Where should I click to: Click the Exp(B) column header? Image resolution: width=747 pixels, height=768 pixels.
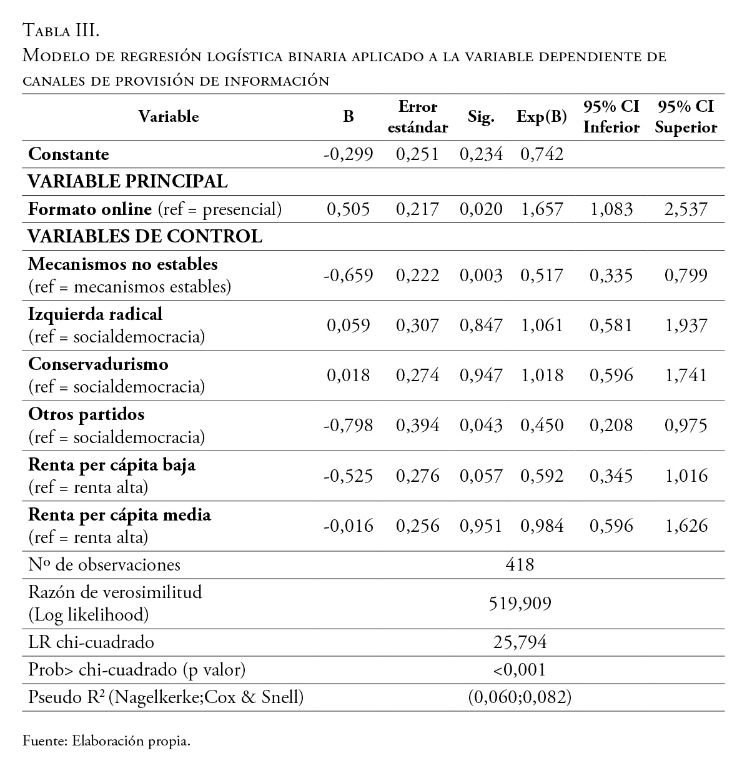tap(542, 117)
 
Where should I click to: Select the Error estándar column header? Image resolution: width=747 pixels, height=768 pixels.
tap(418, 117)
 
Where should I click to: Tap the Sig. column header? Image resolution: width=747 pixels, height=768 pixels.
tap(481, 117)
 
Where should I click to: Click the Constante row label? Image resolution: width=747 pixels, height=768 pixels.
tap(69, 154)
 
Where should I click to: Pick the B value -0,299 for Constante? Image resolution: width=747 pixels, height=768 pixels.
tap(348, 154)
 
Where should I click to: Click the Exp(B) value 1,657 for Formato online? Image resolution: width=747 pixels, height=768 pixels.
tap(542, 209)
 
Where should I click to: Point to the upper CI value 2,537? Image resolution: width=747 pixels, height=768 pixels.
tap(686, 209)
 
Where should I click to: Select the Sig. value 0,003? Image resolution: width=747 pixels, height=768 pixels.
tap(481, 276)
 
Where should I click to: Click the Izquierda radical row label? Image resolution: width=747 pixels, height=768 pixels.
tap(96, 314)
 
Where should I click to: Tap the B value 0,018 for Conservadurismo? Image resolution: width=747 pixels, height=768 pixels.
tap(348, 376)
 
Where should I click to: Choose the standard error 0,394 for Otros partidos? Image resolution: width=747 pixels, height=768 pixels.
tap(418, 426)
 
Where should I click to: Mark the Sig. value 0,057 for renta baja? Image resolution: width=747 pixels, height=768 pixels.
tap(481, 476)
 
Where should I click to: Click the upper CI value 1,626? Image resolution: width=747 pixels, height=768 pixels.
tap(686, 526)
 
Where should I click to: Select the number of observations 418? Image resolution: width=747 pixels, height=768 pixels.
tap(520, 565)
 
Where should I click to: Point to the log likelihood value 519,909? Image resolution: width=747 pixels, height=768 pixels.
tap(520, 603)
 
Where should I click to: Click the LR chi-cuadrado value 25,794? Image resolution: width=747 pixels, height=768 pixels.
tap(520, 642)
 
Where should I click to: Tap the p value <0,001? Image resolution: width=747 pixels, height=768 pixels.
tap(520, 670)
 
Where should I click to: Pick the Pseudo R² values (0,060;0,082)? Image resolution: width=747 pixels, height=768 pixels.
tap(520, 697)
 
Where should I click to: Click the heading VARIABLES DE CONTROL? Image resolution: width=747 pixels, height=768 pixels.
tap(145, 237)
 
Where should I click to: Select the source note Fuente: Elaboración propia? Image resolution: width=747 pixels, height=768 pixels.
tap(106, 742)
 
